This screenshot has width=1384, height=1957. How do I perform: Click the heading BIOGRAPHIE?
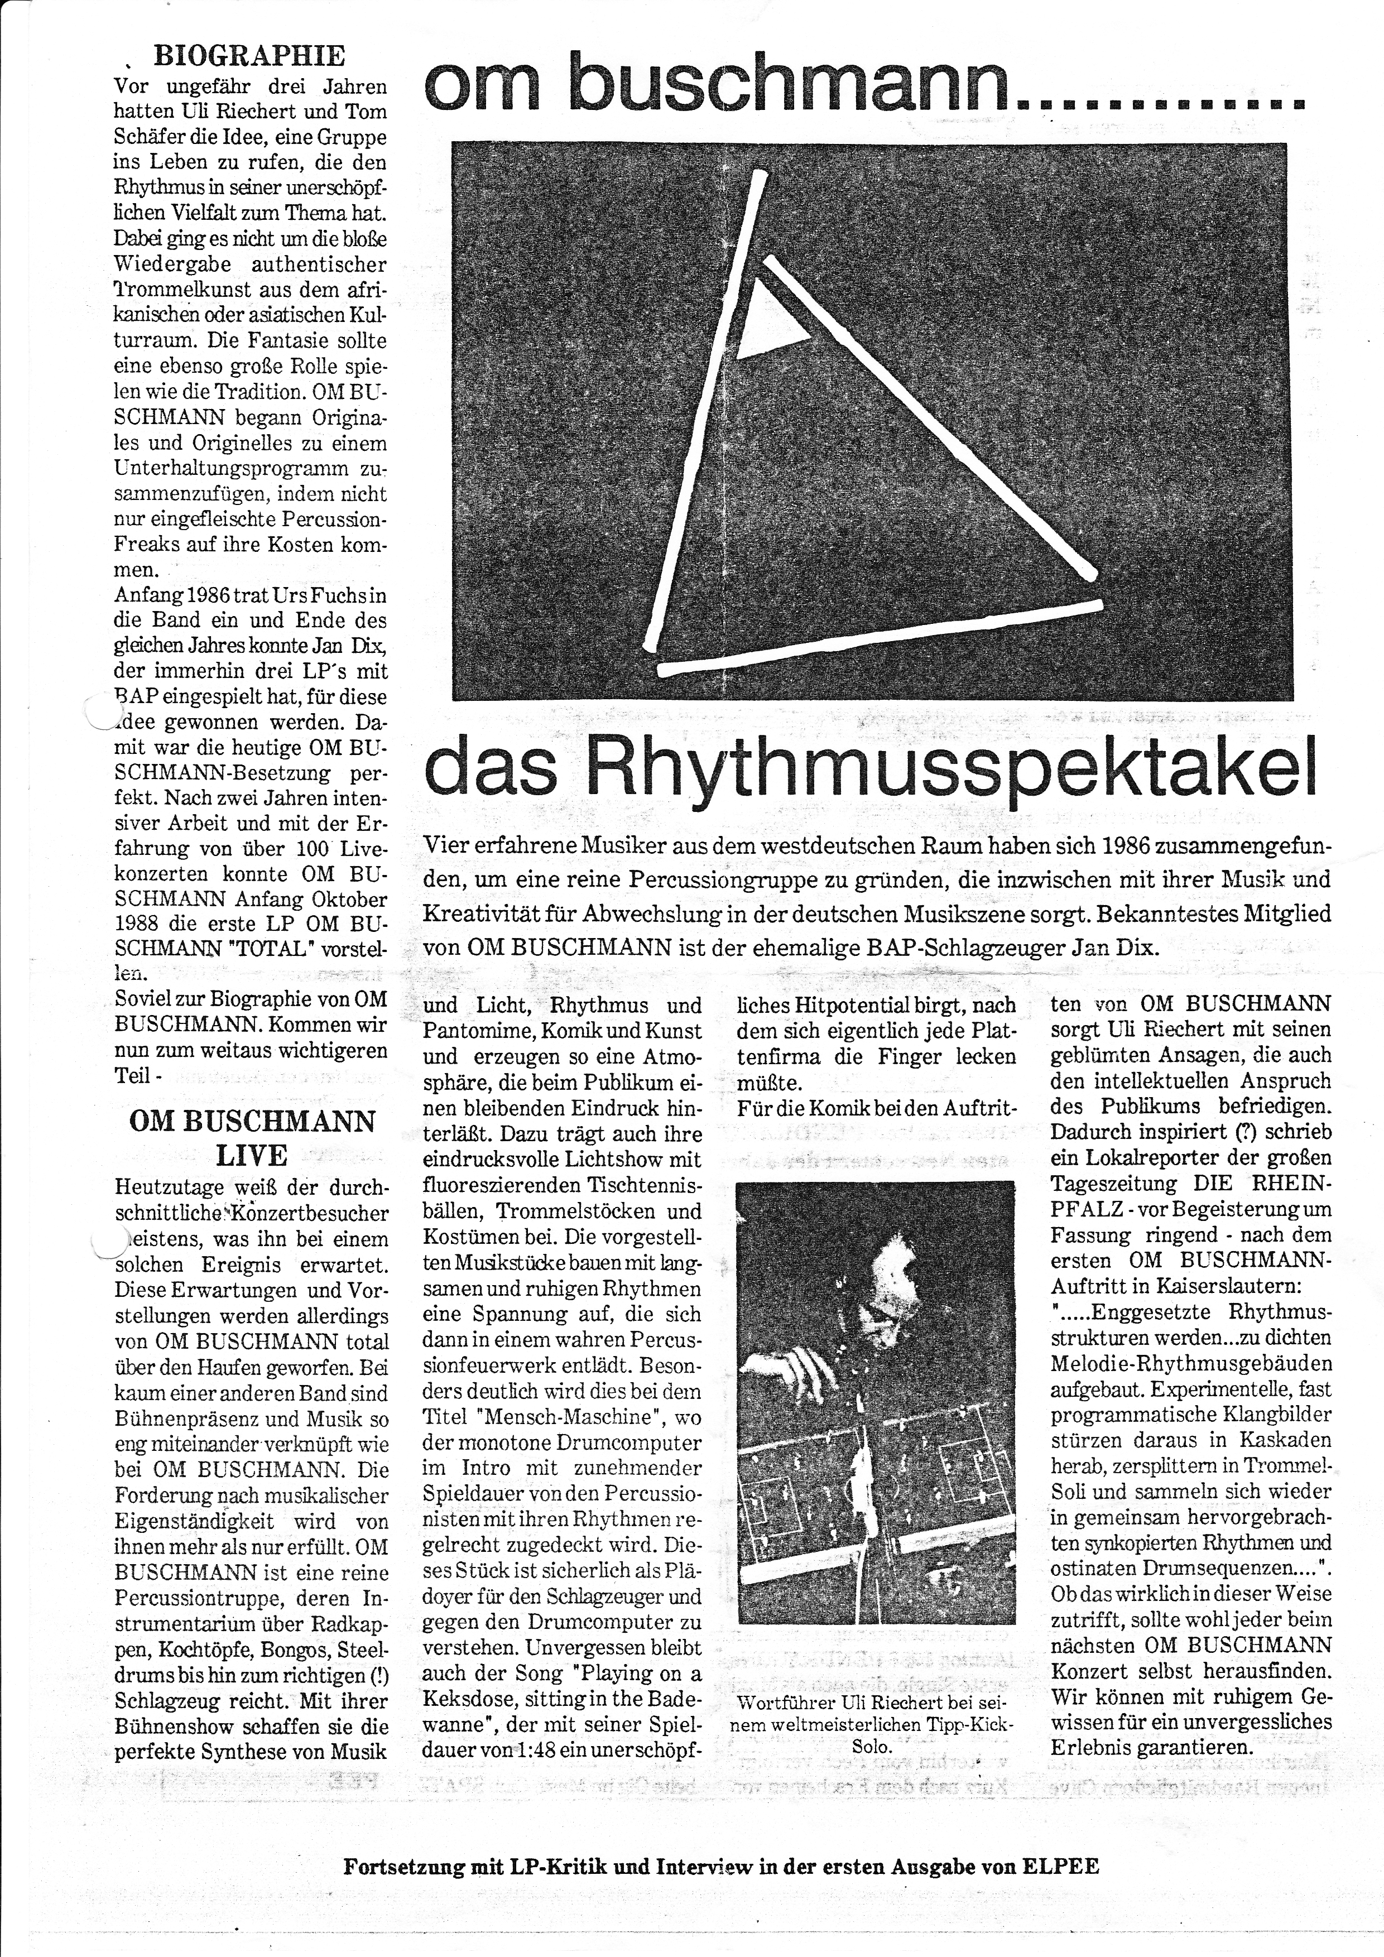click(x=249, y=56)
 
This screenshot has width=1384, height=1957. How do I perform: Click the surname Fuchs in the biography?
click(x=338, y=594)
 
